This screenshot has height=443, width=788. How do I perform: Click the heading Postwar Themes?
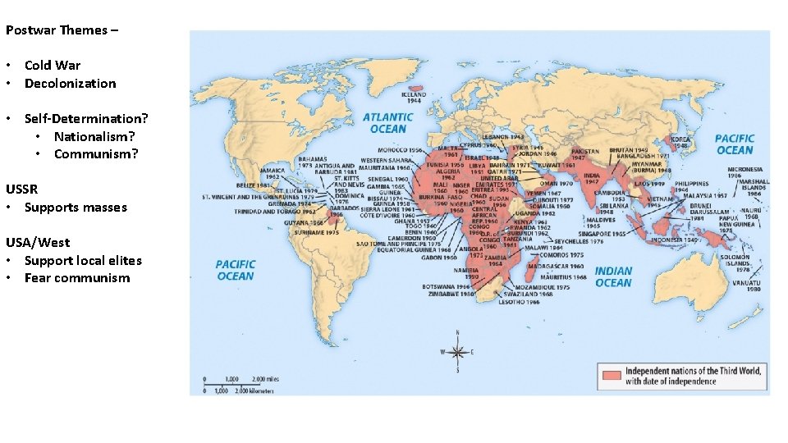62,30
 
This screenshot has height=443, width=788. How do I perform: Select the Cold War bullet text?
53,65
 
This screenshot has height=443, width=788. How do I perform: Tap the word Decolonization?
70,83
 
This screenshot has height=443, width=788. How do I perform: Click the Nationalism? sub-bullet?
94,136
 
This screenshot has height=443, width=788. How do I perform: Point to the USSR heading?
21,189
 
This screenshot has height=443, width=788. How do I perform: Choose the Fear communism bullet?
76,278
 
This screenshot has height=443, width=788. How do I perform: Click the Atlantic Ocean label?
388,123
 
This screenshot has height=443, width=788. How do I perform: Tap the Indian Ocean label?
613,276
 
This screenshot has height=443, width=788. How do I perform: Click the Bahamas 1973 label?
313,162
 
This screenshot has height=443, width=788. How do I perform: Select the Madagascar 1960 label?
557,267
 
